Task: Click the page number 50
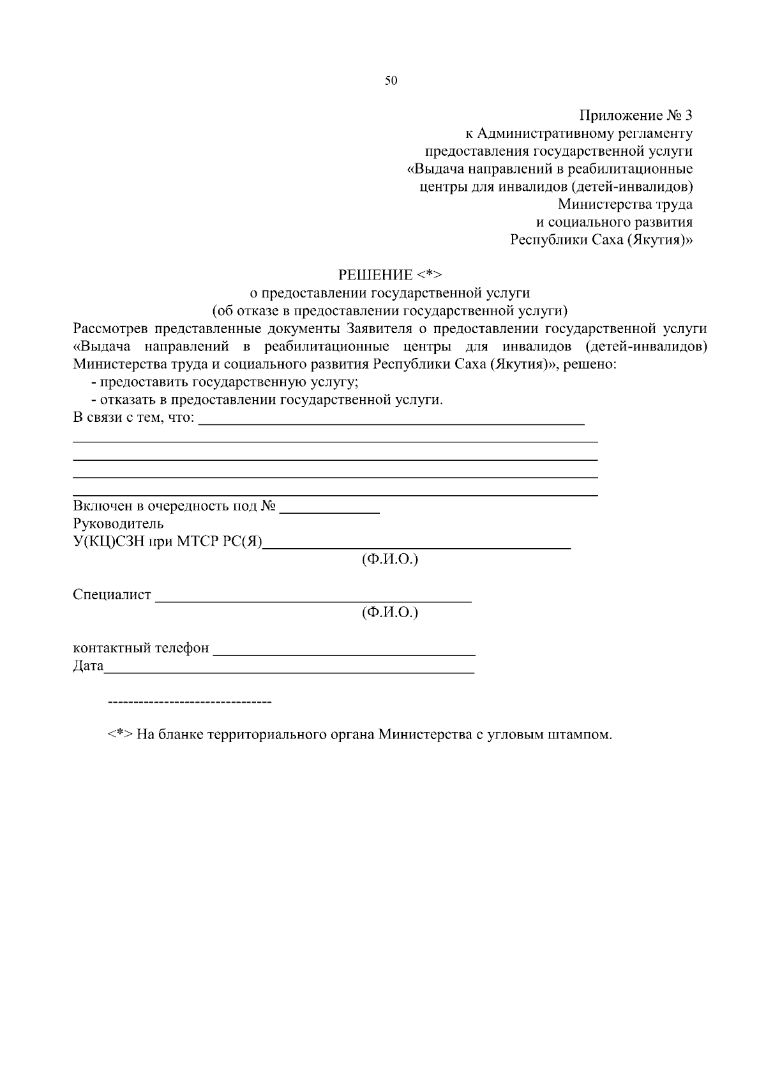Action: click(391, 80)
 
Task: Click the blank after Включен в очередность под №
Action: click(330, 511)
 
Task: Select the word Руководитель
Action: click(118, 524)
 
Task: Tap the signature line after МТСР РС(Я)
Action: click(417, 547)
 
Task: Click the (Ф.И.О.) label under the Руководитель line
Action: click(389, 560)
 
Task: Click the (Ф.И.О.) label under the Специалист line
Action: click(389, 613)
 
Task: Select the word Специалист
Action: click(112, 595)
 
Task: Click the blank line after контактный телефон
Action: click(344, 654)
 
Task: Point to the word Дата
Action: click(88, 666)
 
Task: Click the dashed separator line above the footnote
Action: click(190, 703)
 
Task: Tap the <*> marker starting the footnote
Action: click(119, 735)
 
